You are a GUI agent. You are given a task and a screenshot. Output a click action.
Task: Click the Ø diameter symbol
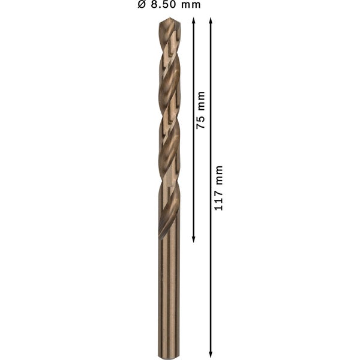[x=142, y=5]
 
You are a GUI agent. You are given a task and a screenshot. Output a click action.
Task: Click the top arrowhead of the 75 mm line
[x=194, y=21]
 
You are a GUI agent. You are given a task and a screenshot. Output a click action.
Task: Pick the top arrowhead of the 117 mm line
[x=211, y=21]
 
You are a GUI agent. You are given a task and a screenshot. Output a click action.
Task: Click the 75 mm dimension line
[x=194, y=180]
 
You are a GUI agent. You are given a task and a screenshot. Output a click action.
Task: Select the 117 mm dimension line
[x=211, y=270]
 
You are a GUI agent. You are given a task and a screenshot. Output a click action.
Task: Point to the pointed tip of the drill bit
[x=169, y=20]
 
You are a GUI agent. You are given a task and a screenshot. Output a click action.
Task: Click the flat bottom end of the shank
[x=169, y=356]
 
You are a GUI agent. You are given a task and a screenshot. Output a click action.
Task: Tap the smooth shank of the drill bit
[x=169, y=294]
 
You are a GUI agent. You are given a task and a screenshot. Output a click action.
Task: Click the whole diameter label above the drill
[x=169, y=5]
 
